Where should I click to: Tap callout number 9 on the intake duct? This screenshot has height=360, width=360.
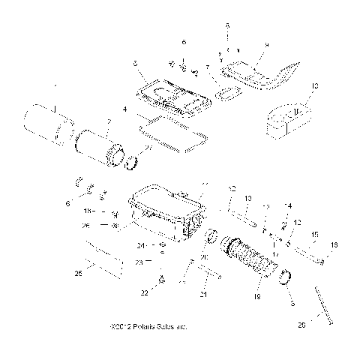(x=265, y=46)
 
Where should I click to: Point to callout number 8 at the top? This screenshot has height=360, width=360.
(x=227, y=25)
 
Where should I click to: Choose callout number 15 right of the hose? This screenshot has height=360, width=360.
(x=314, y=233)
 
